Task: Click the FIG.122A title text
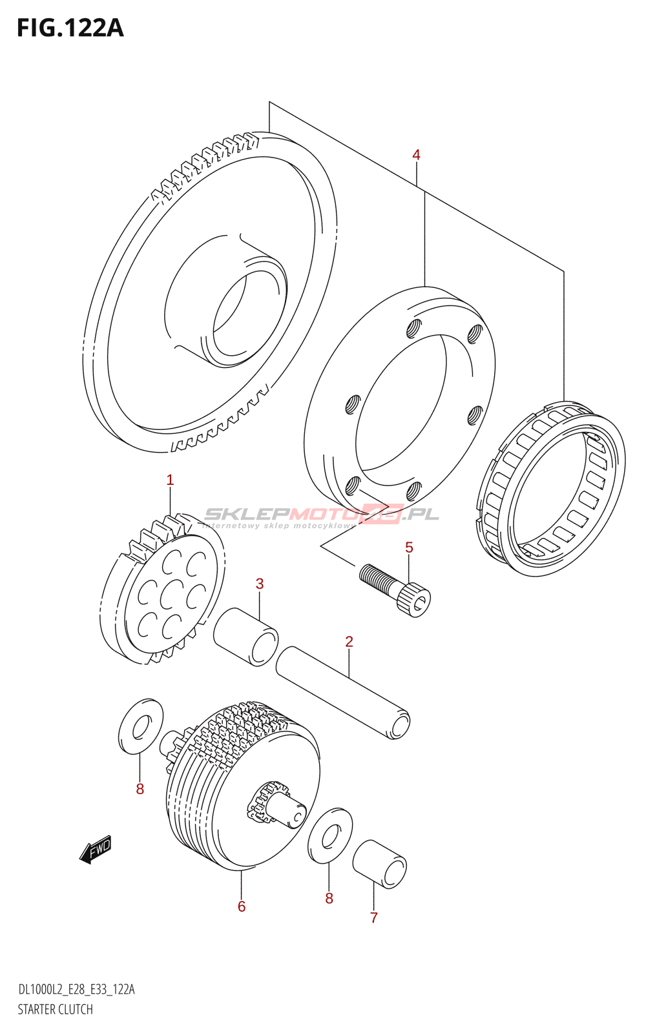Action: [x=70, y=28]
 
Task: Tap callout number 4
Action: [x=416, y=155]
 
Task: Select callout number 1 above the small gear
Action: [x=170, y=480]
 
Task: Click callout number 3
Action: [x=260, y=584]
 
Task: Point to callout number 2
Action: [x=349, y=642]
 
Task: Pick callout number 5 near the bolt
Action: [x=409, y=548]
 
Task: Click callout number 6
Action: [x=242, y=907]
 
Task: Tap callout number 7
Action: [x=373, y=917]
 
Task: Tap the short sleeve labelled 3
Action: [x=245, y=636]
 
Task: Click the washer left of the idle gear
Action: [x=141, y=726]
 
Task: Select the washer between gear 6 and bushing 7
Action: [x=330, y=835]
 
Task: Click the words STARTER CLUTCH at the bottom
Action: [x=56, y=1009]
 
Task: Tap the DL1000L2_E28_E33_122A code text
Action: [x=76, y=990]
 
